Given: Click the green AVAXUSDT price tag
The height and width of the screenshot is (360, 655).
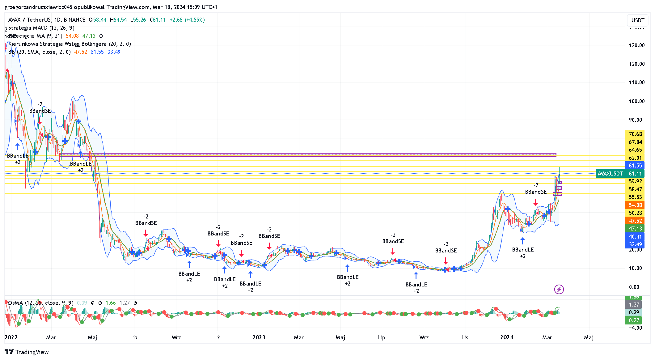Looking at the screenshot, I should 610,174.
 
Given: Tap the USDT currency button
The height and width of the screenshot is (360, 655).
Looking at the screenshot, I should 638,20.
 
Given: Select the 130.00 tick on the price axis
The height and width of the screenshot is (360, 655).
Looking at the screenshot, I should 636,45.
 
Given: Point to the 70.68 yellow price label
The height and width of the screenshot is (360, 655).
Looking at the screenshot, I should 635,134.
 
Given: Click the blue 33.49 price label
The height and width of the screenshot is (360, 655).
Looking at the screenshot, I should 635,244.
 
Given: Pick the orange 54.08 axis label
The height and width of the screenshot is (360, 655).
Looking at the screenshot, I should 635,205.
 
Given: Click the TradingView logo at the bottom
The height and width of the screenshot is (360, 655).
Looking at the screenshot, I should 27,352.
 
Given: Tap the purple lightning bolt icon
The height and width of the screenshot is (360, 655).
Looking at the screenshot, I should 559,289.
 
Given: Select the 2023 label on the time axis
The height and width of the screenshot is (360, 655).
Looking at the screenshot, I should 259,337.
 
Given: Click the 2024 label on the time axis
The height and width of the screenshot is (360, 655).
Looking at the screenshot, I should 506,337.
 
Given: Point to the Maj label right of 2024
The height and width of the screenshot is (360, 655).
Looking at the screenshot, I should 589,337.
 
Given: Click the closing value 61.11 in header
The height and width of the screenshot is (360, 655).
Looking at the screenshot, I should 159,20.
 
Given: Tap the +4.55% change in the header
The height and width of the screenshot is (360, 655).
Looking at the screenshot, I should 195,20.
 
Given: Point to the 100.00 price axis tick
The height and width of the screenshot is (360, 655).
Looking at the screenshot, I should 636,101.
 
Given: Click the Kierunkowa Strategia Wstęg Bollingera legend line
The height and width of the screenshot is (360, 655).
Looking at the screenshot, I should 70,44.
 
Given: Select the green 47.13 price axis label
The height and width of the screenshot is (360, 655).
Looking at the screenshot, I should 635,229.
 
